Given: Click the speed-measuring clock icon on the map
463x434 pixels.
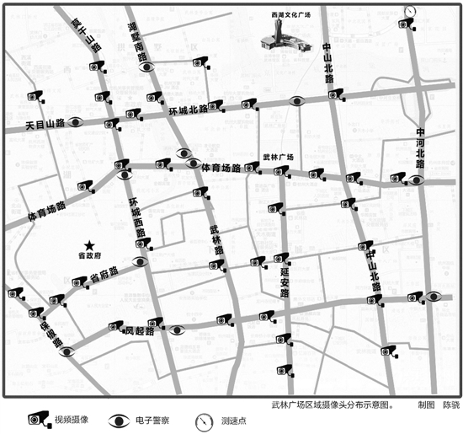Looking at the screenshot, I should (409, 11).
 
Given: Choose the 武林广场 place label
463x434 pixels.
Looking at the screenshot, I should (277, 157).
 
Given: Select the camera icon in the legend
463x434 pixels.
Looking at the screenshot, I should (36, 418).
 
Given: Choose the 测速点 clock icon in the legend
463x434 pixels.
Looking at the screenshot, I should (203, 419).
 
